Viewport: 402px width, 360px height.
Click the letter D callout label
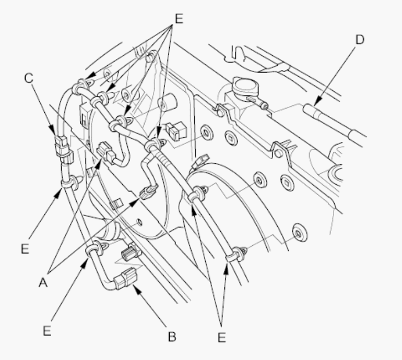360,40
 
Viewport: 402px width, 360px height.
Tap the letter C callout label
29,78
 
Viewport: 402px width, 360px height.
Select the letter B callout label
172,337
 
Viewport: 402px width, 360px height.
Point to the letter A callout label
43,283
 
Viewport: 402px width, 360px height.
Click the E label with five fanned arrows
179,19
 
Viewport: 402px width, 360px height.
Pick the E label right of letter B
222,337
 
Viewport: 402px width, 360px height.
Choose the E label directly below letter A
47,331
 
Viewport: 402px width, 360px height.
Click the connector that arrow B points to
125,278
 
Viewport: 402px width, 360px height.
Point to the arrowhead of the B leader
137,290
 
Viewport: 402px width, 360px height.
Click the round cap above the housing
245,87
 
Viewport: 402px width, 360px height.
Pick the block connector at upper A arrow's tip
106,152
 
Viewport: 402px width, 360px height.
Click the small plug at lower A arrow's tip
148,193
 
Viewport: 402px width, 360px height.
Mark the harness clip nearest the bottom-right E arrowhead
234,255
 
